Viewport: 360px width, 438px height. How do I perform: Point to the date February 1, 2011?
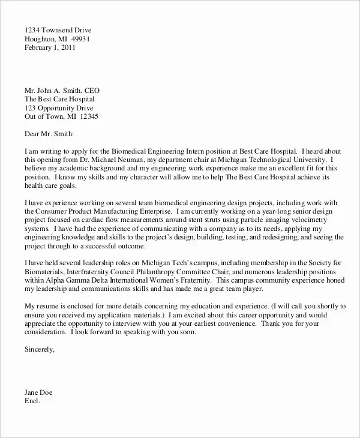tap(51, 50)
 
